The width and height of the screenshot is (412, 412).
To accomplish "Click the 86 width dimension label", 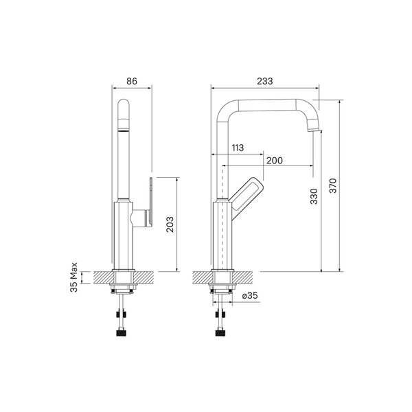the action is coord(132,81).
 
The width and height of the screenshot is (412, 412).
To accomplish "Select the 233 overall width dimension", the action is coord(265,81).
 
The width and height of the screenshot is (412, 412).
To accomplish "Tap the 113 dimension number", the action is coord(238,148).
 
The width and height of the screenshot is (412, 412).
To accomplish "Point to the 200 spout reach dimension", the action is coord(274,161).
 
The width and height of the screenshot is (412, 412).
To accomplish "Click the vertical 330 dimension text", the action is coord(314,196).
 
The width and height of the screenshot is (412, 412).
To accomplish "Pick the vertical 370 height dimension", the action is coord(333,185).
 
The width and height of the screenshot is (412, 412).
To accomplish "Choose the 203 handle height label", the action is coord(170,225).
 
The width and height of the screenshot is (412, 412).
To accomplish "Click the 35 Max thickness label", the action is coord(74,277).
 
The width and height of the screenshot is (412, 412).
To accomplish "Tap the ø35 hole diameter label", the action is coord(250,295).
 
